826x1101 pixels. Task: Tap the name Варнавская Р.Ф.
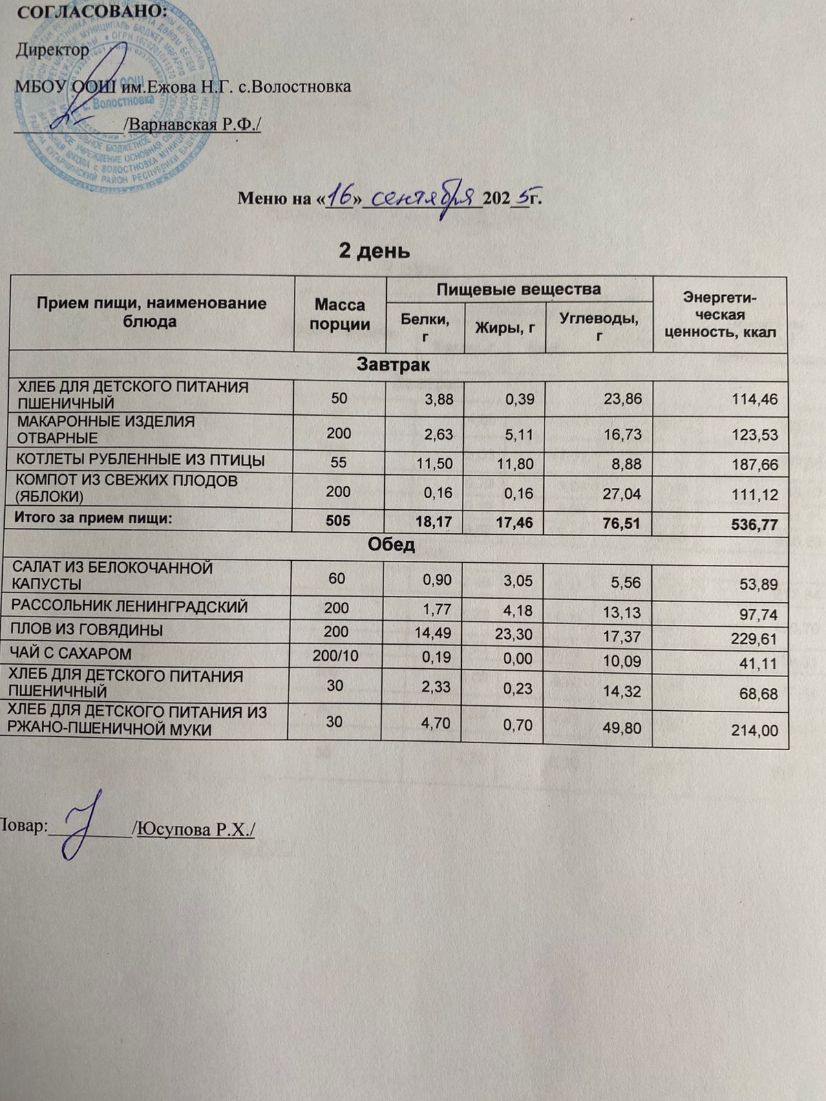195,125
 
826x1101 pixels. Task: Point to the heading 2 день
374,251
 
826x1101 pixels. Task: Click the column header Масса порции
340,314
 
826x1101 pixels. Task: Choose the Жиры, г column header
505,328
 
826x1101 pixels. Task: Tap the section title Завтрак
393,365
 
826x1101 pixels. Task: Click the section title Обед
391,545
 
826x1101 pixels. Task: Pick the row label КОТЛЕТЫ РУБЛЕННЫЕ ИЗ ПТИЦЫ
141,460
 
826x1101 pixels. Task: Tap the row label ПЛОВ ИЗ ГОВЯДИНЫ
87,630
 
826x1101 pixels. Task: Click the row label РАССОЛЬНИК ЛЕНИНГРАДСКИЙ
130,607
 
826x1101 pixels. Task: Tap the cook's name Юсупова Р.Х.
196,829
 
